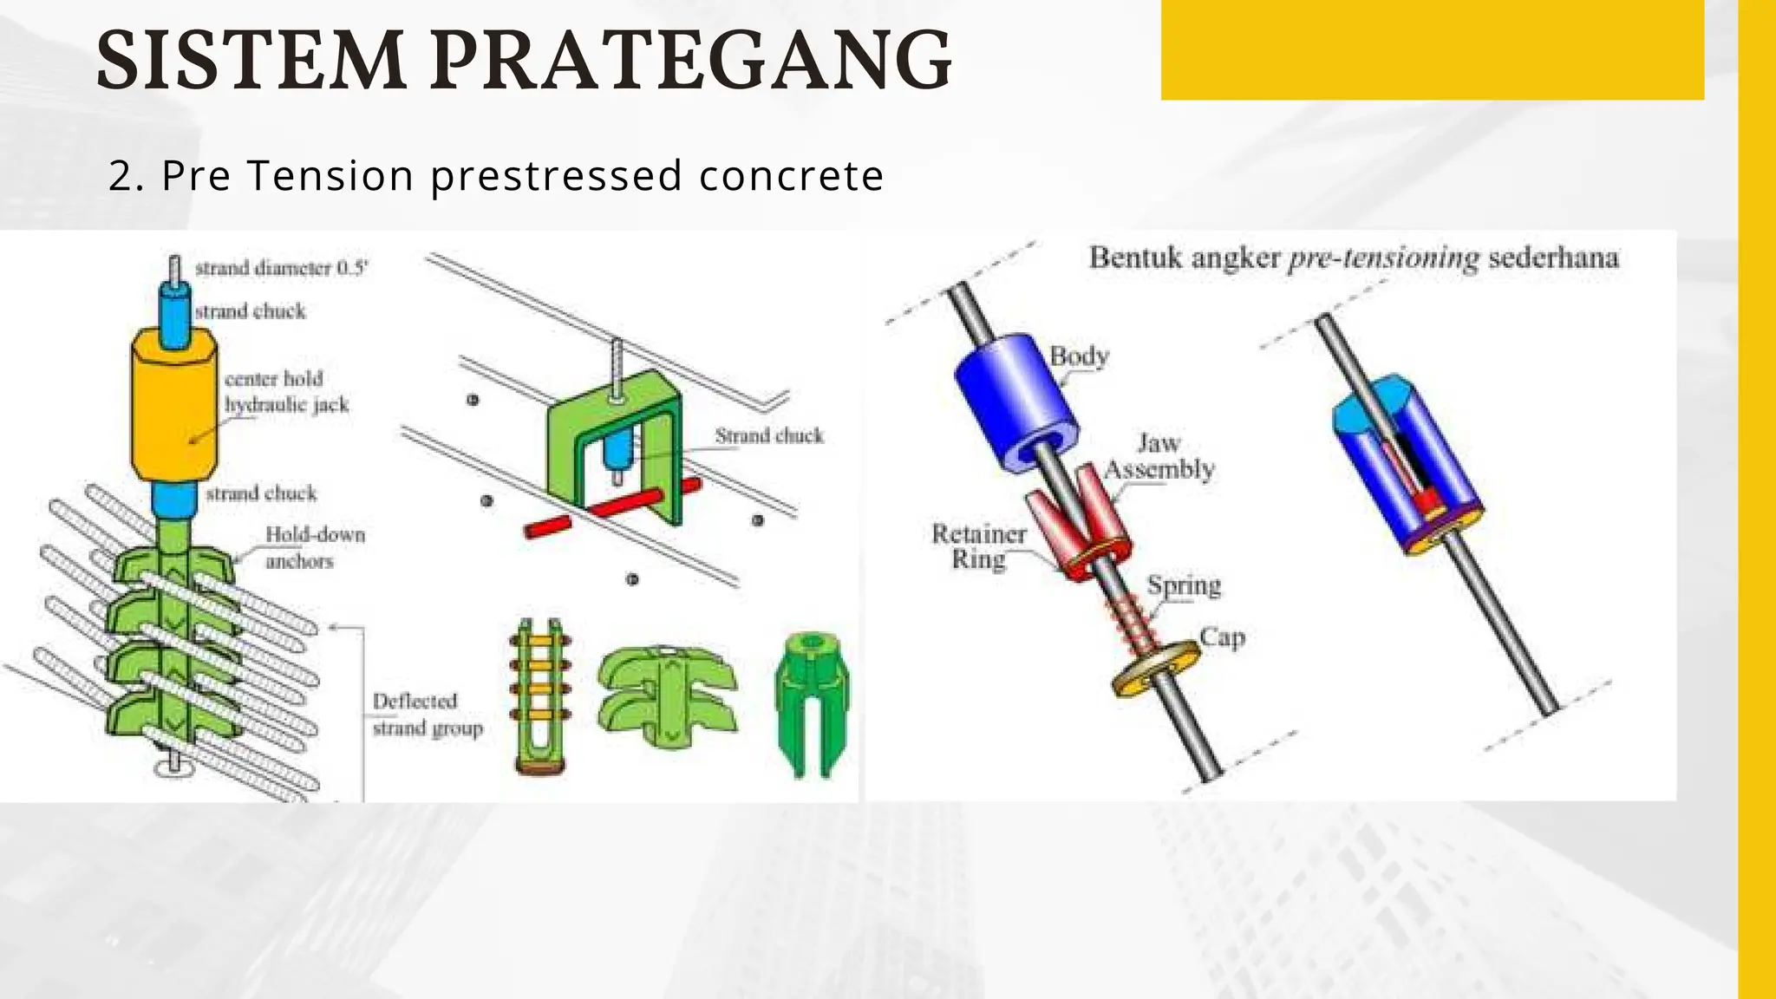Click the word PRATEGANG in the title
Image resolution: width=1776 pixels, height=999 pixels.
[691, 61]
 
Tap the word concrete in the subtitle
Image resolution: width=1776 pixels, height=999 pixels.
[791, 175]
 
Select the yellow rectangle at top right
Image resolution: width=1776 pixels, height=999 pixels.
[1432, 49]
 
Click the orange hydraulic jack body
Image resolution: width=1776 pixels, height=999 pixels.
[173, 408]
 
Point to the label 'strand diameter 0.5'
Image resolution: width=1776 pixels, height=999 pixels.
[281, 268]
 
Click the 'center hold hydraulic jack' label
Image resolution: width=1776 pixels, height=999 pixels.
[285, 392]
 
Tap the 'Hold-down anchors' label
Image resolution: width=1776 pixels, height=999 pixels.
[314, 548]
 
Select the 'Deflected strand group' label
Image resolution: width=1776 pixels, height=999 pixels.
[427, 715]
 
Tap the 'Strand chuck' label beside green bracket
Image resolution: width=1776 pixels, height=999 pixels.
[768, 436]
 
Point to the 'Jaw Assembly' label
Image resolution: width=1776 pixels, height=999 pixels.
[1159, 457]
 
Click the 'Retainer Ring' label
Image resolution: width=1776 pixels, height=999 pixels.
[978, 546]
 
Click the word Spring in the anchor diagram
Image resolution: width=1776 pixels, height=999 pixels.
[1184, 586]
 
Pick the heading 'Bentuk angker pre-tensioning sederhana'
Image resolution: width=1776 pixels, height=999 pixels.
[1353, 258]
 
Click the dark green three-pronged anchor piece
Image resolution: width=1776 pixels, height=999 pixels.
[811, 702]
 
